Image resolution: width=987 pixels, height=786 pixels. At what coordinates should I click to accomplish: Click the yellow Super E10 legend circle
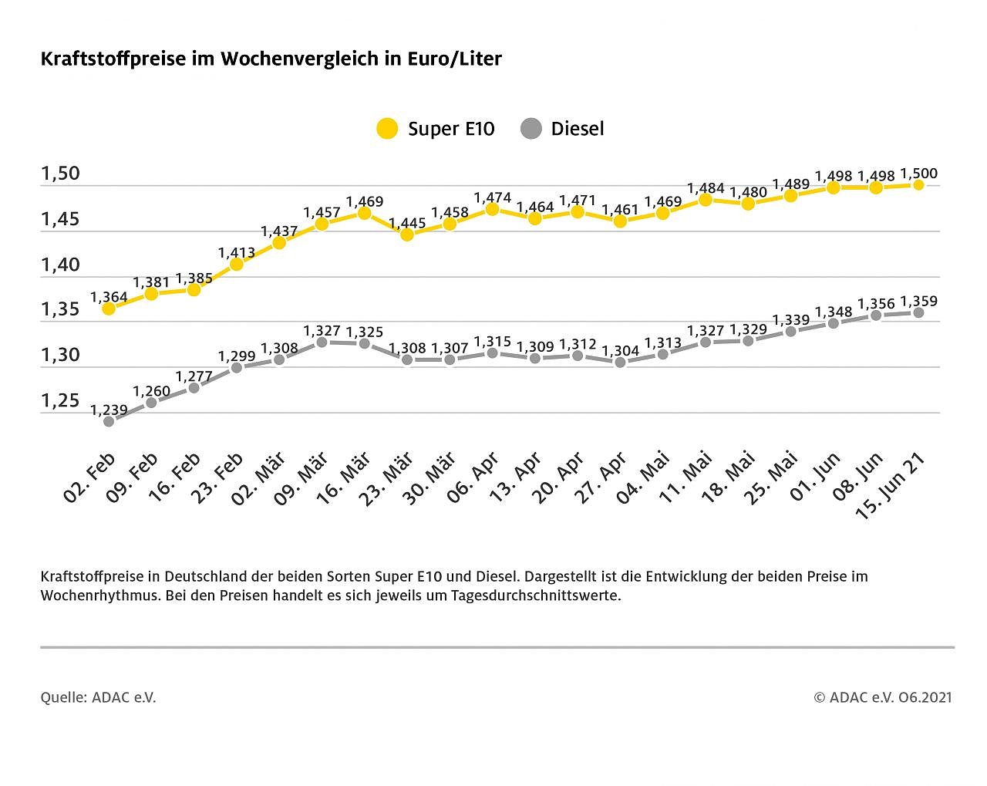pyautogui.click(x=387, y=128)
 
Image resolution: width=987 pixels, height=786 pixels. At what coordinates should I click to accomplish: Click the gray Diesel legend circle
pyautogui.click(x=531, y=128)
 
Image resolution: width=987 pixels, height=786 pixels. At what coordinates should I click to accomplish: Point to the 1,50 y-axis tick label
pyautogui.click(x=60, y=174)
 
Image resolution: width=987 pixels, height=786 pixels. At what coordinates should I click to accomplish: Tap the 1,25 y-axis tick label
pyautogui.click(x=60, y=400)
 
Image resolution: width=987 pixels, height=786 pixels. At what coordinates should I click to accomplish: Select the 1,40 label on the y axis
pyautogui.click(x=60, y=265)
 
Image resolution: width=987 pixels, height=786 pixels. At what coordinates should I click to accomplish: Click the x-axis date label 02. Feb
pyautogui.click(x=89, y=477)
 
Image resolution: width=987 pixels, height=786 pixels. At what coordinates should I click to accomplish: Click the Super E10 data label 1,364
pyautogui.click(x=109, y=297)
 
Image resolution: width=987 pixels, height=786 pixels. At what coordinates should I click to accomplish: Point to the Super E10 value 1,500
pyautogui.click(x=919, y=174)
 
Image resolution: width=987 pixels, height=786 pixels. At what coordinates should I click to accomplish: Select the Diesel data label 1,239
pyautogui.click(x=109, y=410)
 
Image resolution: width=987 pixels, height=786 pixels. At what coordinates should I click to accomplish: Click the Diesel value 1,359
pyautogui.click(x=919, y=302)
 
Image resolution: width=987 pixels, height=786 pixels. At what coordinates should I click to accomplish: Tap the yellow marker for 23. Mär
pyautogui.click(x=407, y=234)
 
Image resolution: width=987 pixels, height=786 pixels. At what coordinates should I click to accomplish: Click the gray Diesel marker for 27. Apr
pyautogui.click(x=620, y=362)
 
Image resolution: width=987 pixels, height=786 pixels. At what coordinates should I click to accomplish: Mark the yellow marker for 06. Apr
pyautogui.click(x=492, y=209)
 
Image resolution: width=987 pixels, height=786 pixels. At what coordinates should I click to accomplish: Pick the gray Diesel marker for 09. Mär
pyautogui.click(x=322, y=342)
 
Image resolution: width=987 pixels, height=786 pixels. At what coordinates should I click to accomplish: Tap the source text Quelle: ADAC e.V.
pyautogui.click(x=98, y=697)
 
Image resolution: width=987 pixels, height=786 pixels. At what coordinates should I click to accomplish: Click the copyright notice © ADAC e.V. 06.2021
pyautogui.click(x=883, y=697)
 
